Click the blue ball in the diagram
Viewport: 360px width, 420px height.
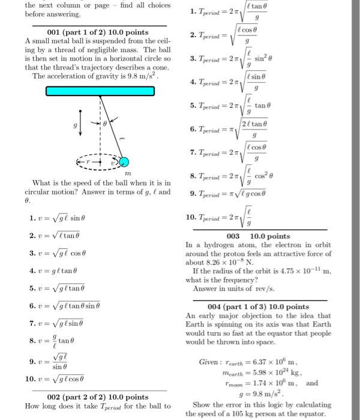click(124, 162)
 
